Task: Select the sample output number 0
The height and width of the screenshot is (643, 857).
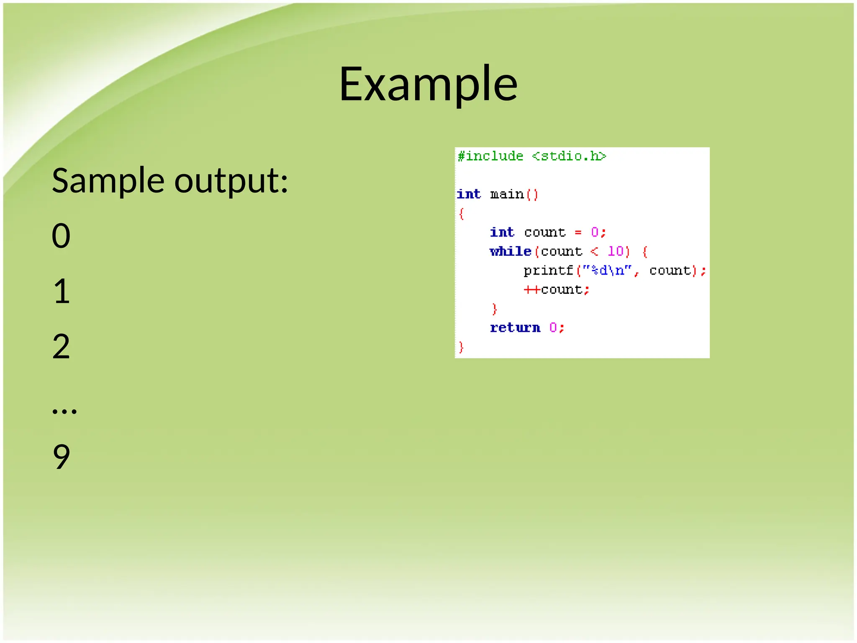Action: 61,236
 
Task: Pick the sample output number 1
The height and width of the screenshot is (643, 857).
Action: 62,291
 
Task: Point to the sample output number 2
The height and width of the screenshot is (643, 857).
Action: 61,346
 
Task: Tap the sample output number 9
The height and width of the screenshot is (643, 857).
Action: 61,456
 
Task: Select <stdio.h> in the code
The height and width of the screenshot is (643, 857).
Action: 569,156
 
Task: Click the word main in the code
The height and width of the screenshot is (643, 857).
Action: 507,194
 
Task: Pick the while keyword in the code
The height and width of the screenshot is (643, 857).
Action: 511,251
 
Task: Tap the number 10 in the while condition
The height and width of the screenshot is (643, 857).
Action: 616,251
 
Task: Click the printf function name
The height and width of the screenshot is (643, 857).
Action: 548,270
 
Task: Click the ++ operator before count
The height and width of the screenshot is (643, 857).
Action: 532,290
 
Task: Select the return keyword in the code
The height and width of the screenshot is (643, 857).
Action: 515,327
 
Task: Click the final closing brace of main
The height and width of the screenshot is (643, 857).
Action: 461,347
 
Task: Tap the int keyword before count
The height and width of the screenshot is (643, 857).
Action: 502,232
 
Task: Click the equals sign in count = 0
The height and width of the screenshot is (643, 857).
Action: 578,232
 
